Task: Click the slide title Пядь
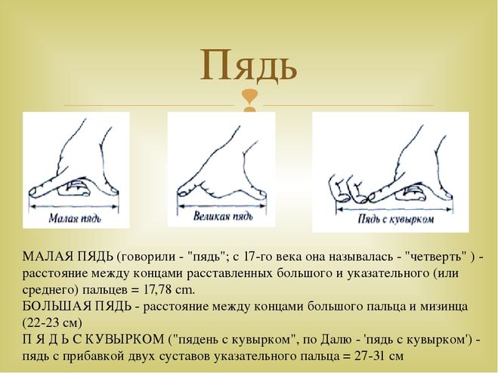tap(249, 66)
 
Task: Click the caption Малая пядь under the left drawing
tap(75, 218)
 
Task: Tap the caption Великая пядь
tap(223, 217)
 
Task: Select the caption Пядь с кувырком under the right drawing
tap(396, 219)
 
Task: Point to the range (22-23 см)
tap(52, 323)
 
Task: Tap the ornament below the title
tap(249, 101)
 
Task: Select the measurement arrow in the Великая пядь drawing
tap(222, 206)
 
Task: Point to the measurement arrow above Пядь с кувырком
tap(394, 208)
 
